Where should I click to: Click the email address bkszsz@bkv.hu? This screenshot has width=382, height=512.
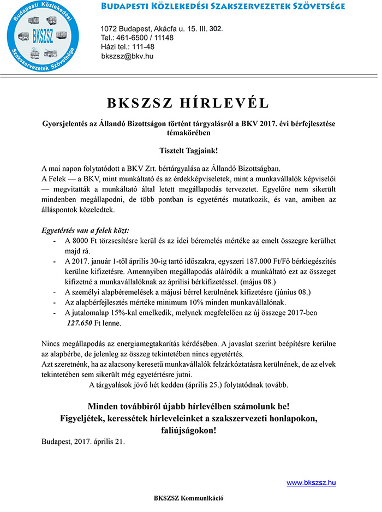click(127, 56)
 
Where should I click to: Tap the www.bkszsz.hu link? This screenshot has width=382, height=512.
click(311, 483)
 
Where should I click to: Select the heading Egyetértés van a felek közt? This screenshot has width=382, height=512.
click(86, 230)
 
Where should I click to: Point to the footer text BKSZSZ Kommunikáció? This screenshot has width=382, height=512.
click(189, 498)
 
